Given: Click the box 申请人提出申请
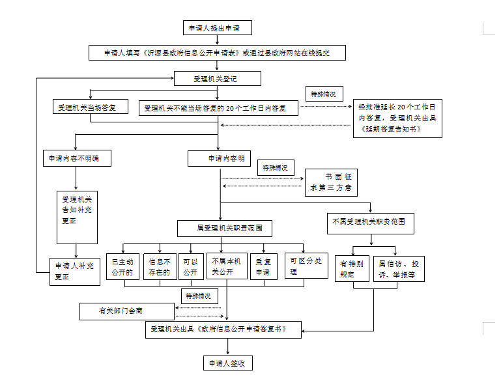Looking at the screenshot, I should (217, 27).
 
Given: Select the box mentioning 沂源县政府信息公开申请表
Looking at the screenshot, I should (217, 53).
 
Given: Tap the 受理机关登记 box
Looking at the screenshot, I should (218, 79).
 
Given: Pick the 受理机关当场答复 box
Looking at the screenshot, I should (91, 107).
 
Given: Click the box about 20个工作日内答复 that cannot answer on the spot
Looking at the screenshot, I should (218, 107).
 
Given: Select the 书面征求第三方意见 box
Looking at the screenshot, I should (331, 182).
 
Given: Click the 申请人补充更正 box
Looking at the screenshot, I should (76, 271).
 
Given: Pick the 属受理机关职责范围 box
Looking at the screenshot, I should (225, 228).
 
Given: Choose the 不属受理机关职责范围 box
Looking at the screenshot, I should (370, 222).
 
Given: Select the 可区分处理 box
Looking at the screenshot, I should (306, 266).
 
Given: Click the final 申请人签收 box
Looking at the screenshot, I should (226, 363).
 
